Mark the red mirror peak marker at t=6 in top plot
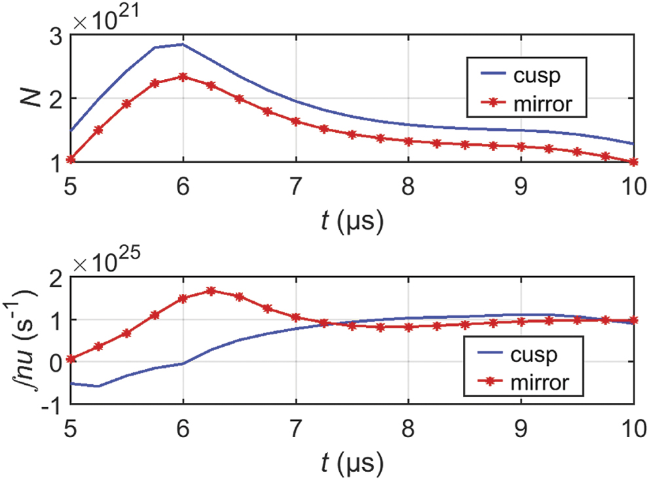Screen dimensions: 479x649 click(183, 77)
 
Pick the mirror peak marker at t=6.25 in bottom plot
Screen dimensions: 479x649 click(211, 291)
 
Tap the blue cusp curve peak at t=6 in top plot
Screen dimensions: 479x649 click(183, 44)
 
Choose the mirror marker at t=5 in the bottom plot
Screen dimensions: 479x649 click(71, 359)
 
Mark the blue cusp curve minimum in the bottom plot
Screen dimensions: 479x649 click(98, 386)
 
